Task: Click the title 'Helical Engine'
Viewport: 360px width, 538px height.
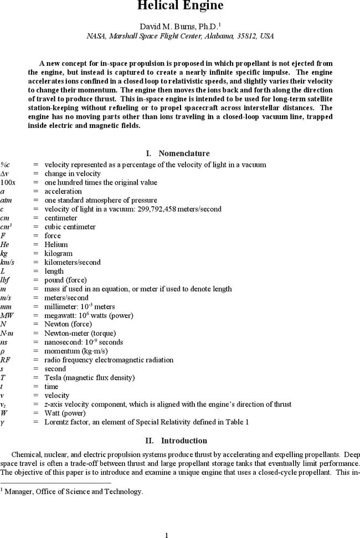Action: click(x=180, y=6)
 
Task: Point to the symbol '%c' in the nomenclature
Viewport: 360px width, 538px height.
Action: click(x=6, y=165)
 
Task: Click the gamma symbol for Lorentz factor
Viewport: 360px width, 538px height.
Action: click(x=3, y=422)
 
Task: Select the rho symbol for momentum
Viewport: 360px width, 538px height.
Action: click(x=3, y=351)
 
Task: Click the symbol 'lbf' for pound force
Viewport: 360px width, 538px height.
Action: click(x=5, y=280)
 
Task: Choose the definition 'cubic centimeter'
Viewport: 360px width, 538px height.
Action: click(x=70, y=227)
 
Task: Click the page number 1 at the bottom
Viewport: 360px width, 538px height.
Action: click(x=166, y=535)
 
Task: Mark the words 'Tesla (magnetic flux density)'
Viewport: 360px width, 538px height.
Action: click(x=89, y=377)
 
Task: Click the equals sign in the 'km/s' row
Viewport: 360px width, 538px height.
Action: click(x=35, y=262)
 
